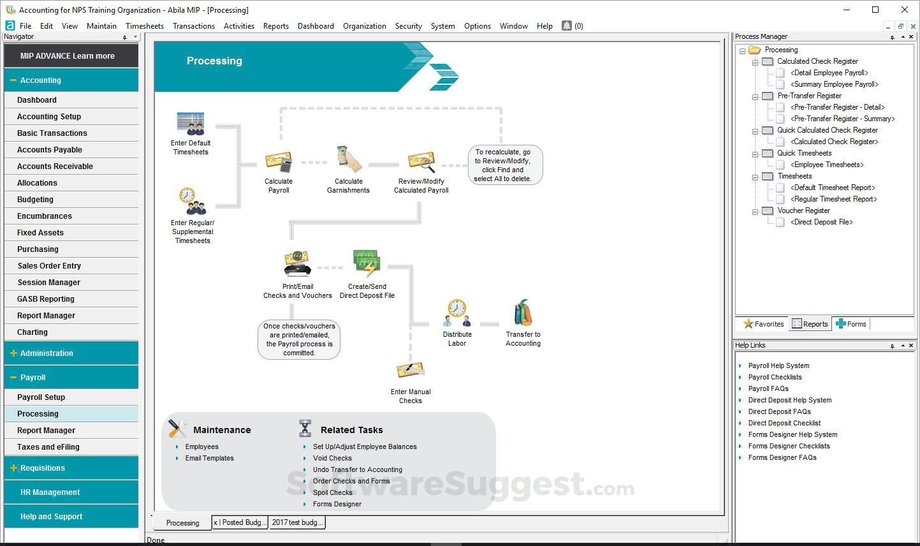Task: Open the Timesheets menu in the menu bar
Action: pos(145,26)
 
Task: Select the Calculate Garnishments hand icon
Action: pos(349,159)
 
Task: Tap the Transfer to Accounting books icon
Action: pos(523,313)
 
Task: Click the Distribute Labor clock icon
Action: pos(457,313)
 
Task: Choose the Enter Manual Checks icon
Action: pos(411,370)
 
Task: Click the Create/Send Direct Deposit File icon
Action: pos(367,263)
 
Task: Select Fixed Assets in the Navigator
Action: pos(40,233)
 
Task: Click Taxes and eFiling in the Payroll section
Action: pos(48,447)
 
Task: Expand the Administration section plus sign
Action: pos(13,353)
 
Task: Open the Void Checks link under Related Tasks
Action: pos(332,458)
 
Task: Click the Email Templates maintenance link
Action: pos(209,458)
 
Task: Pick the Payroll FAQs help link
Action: pos(768,388)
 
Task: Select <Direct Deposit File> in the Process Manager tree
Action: pos(821,222)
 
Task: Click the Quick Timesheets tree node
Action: pos(804,153)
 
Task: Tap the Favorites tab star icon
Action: pos(748,324)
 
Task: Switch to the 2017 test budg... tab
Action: pos(297,522)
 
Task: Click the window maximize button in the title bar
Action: pos(875,10)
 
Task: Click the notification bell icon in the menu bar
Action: pos(566,26)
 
